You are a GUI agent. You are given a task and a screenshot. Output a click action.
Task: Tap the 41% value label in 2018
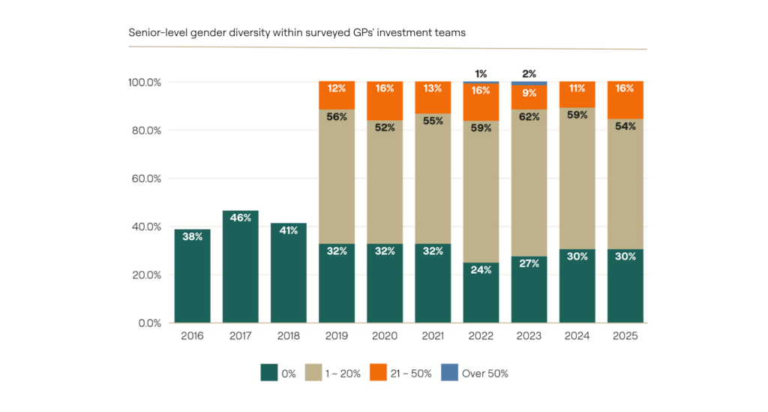click(x=288, y=230)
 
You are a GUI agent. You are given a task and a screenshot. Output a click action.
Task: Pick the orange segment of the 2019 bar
click(x=336, y=95)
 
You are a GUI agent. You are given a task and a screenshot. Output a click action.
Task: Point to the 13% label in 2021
click(x=433, y=89)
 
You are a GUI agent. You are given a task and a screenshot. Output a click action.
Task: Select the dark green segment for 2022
click(x=481, y=293)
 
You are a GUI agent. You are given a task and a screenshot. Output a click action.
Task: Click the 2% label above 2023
click(x=529, y=74)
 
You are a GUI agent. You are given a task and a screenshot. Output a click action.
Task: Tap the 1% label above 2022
click(x=481, y=74)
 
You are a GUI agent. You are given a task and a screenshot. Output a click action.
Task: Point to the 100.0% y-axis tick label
click(x=145, y=82)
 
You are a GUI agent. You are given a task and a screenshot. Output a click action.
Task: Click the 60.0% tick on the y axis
click(x=148, y=179)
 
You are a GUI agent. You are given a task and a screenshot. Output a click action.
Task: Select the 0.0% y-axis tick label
click(x=150, y=323)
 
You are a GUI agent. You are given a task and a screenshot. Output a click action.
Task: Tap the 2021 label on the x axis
click(x=433, y=336)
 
